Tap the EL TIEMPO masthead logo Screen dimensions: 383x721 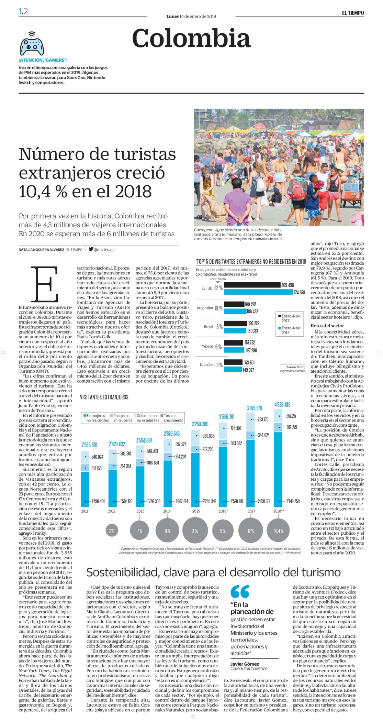[353, 13]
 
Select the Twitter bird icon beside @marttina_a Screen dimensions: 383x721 [91, 249]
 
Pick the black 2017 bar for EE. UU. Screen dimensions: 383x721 [252, 285]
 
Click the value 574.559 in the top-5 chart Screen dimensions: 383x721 [300, 293]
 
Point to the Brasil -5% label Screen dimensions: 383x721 [213, 327]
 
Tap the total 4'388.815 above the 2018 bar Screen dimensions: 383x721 [282, 405]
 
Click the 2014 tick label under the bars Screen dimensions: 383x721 [167, 511]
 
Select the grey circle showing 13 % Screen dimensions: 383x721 [195, 531]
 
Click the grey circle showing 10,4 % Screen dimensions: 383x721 [279, 531]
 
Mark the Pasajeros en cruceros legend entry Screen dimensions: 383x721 [121, 418]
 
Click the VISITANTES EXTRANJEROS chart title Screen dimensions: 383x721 [104, 397]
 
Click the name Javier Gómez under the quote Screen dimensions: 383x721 [245, 664]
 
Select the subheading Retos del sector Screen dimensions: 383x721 [327, 326]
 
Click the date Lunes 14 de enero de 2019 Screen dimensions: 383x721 [191, 16]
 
